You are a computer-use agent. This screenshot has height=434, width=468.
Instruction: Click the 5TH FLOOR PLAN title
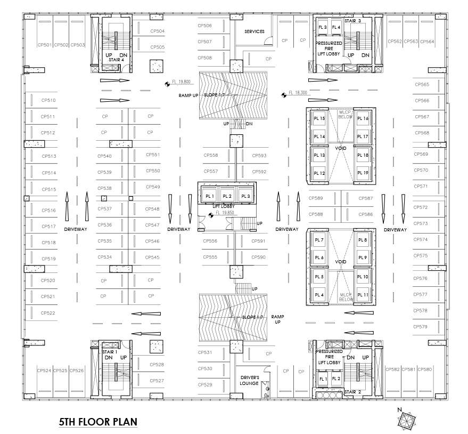(98, 422)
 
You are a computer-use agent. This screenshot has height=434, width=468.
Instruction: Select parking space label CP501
(44, 45)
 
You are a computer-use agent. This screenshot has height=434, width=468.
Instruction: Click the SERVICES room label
(254, 31)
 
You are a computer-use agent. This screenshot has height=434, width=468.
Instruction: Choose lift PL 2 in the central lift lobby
(226, 196)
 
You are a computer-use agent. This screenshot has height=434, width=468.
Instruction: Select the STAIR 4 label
(116, 60)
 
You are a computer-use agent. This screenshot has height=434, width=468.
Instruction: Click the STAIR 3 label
(352, 21)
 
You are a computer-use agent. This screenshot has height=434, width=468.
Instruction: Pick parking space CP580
(425, 369)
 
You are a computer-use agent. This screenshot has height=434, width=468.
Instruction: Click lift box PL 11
(363, 295)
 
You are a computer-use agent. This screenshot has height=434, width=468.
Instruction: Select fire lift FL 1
(322, 379)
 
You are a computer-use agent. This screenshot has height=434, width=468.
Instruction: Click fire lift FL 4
(335, 27)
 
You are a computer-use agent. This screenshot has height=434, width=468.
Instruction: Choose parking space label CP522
(48, 313)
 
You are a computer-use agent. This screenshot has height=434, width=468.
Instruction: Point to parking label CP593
(259, 156)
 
